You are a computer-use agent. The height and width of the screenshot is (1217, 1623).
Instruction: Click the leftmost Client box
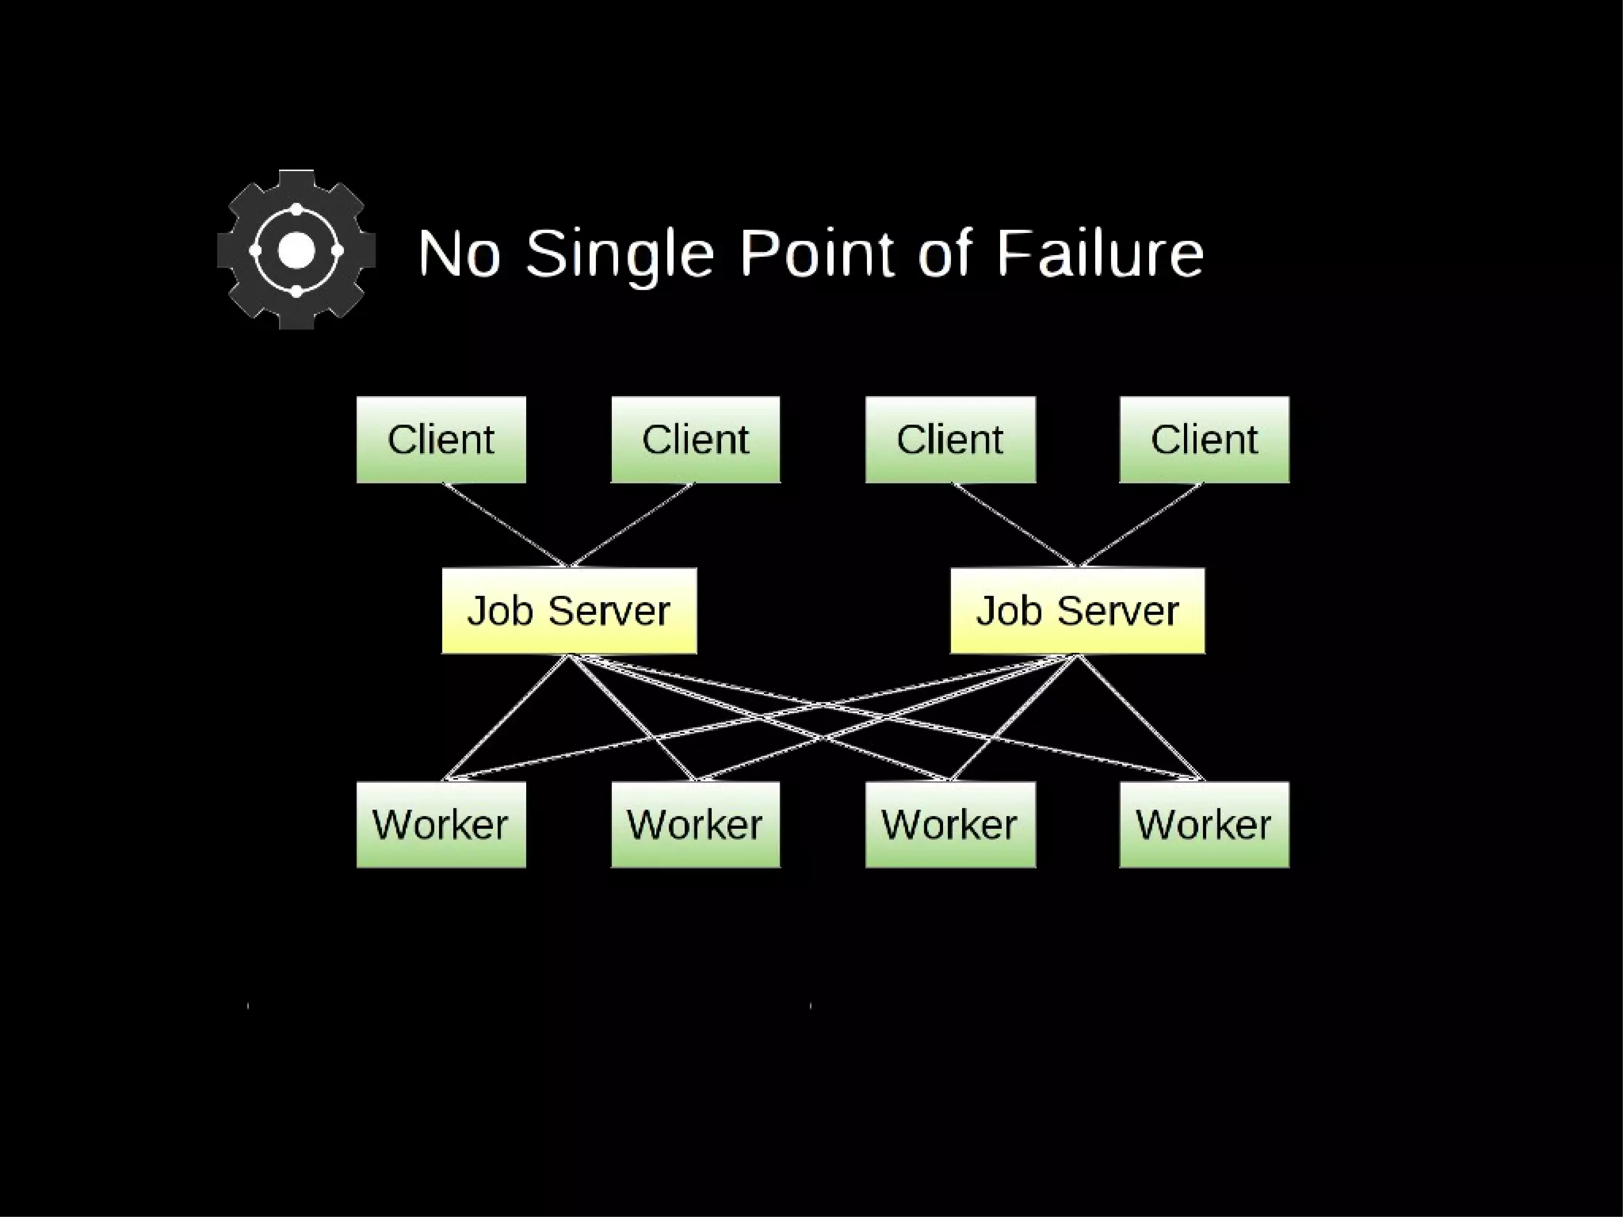pos(441,440)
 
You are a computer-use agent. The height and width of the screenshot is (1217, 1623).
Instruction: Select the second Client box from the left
pos(695,440)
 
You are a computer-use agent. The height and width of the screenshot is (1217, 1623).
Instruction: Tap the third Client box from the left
pos(950,440)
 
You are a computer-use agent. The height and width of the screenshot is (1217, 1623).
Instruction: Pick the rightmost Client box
pos(1204,440)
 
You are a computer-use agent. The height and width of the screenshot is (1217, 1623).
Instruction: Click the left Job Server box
pos(569,611)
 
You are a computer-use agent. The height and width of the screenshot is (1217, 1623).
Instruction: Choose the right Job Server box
pos(1077,611)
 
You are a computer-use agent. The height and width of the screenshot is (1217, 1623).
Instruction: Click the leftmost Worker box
pos(441,825)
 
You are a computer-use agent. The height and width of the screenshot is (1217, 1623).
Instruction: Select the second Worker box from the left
pos(695,825)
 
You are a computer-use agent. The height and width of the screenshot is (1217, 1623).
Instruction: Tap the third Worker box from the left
pos(950,825)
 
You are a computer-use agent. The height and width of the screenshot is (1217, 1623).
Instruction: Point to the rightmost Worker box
pos(1204,825)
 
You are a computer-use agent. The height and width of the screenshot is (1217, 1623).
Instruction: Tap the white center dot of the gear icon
pos(296,250)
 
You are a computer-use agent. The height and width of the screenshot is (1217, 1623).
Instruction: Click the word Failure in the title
pos(1100,254)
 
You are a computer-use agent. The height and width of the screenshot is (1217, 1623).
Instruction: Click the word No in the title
pos(460,254)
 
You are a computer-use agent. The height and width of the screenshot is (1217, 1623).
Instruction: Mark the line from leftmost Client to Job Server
pos(506,525)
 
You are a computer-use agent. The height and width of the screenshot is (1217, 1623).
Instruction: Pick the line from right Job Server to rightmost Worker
pos(1140,716)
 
